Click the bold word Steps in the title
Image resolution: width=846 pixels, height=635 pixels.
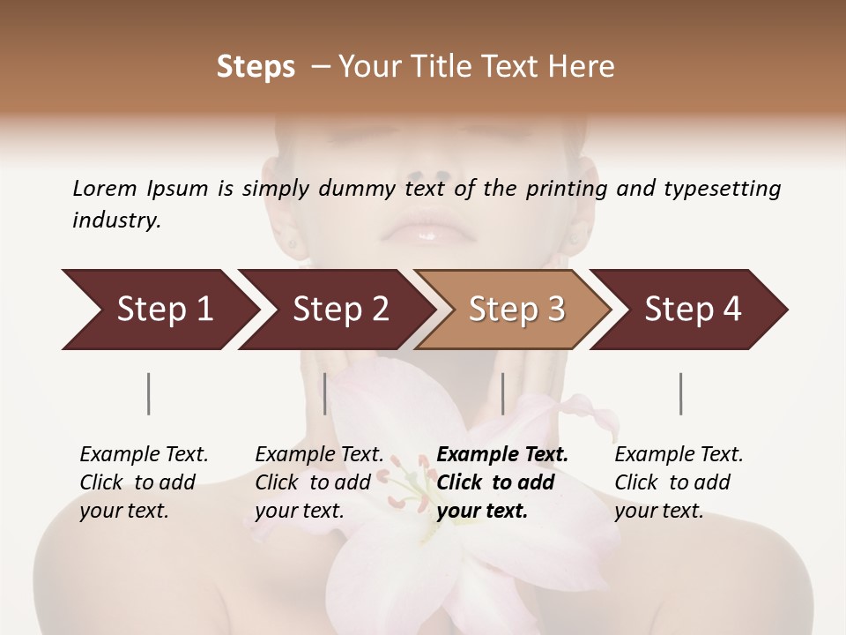pyautogui.click(x=256, y=67)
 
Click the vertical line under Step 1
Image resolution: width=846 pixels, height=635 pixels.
pyautogui.click(x=149, y=393)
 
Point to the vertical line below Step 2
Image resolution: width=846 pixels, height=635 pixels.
pyautogui.click(x=325, y=393)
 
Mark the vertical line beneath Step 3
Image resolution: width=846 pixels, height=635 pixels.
pyautogui.click(x=503, y=393)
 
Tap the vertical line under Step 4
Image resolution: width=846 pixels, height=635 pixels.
pyautogui.click(x=681, y=393)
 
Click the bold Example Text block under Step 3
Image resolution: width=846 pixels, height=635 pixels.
pyautogui.click(x=502, y=482)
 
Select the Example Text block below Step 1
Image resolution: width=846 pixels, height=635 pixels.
pyautogui.click(x=144, y=482)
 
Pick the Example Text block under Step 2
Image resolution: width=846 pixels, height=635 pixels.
pyautogui.click(x=319, y=482)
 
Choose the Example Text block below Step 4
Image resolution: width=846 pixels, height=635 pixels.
pyautogui.click(x=679, y=482)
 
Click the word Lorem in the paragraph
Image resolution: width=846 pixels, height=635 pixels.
pyautogui.click(x=105, y=189)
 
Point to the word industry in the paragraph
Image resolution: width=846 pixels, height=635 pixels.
pyautogui.click(x=116, y=220)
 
